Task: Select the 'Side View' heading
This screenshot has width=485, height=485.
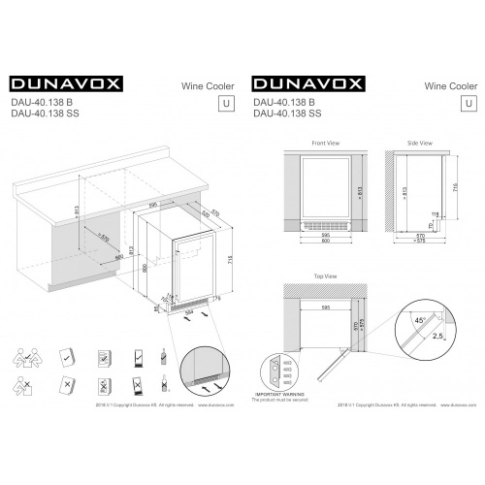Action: point(419,143)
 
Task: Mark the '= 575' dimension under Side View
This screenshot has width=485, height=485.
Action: point(419,242)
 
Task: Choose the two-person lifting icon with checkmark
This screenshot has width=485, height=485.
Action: point(29,357)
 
